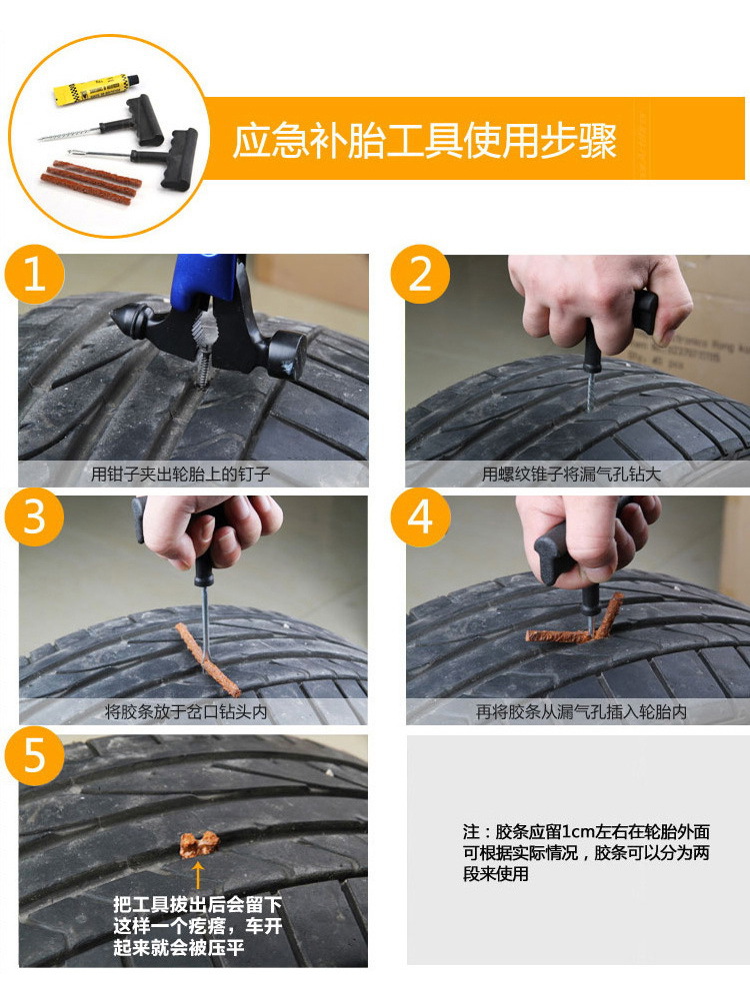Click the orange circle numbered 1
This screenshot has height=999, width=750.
tap(34, 275)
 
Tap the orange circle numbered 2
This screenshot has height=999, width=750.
tap(420, 275)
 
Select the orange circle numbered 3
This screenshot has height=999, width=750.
tap(34, 516)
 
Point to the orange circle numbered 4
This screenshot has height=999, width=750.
tap(420, 516)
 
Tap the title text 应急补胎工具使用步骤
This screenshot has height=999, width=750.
tap(424, 140)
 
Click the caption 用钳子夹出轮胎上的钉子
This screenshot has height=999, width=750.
tap(180, 474)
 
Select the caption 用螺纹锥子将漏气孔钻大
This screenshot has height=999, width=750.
tap(571, 474)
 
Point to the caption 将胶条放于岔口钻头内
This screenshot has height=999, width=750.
tap(186, 711)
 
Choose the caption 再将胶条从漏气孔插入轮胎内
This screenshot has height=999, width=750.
tap(581, 711)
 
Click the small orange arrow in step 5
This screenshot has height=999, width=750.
tap(198, 875)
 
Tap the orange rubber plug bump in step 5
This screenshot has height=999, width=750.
tap(198, 845)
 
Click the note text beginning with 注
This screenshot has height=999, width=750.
tap(586, 852)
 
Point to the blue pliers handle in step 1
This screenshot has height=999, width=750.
tap(204, 281)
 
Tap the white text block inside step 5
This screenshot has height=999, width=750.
tap(198, 926)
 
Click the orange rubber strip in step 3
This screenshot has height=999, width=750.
tap(207, 658)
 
